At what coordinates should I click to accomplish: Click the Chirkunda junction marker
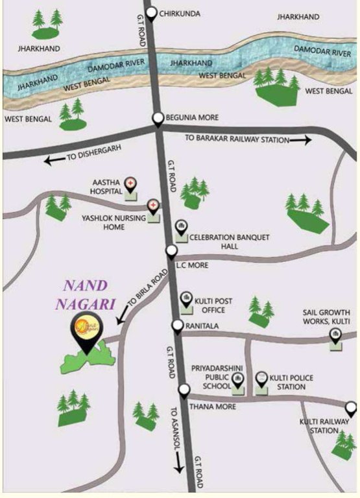[x=151, y=13]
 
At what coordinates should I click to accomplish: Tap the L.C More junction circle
[x=171, y=251]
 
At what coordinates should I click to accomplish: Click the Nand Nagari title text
[x=88, y=294]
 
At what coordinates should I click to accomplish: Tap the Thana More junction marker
[x=184, y=390]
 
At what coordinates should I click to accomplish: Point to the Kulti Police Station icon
[x=261, y=378]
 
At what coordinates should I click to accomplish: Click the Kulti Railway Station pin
[x=351, y=409]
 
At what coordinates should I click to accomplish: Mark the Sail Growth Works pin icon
[x=335, y=335]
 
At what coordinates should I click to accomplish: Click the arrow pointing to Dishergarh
[x=54, y=158]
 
